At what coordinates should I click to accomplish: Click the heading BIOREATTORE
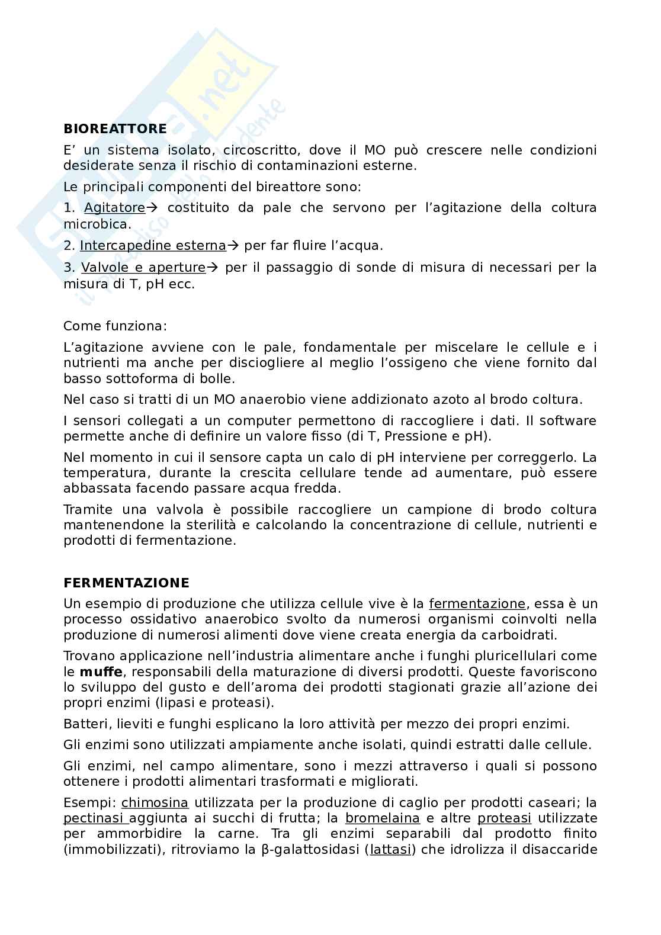click(115, 128)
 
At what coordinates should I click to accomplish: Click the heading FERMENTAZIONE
click(126, 583)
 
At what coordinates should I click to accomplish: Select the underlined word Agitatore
click(114, 208)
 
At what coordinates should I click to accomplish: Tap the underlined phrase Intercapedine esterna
click(153, 246)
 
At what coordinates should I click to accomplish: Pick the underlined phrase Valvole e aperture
click(143, 268)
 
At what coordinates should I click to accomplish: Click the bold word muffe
click(101, 672)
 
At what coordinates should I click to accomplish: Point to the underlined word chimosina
click(155, 804)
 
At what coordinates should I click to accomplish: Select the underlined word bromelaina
click(383, 819)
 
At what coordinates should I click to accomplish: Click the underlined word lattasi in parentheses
click(390, 850)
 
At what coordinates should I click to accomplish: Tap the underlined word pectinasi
click(95, 819)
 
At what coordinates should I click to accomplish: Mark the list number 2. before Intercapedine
click(69, 246)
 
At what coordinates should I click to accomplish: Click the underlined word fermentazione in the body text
click(477, 604)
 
